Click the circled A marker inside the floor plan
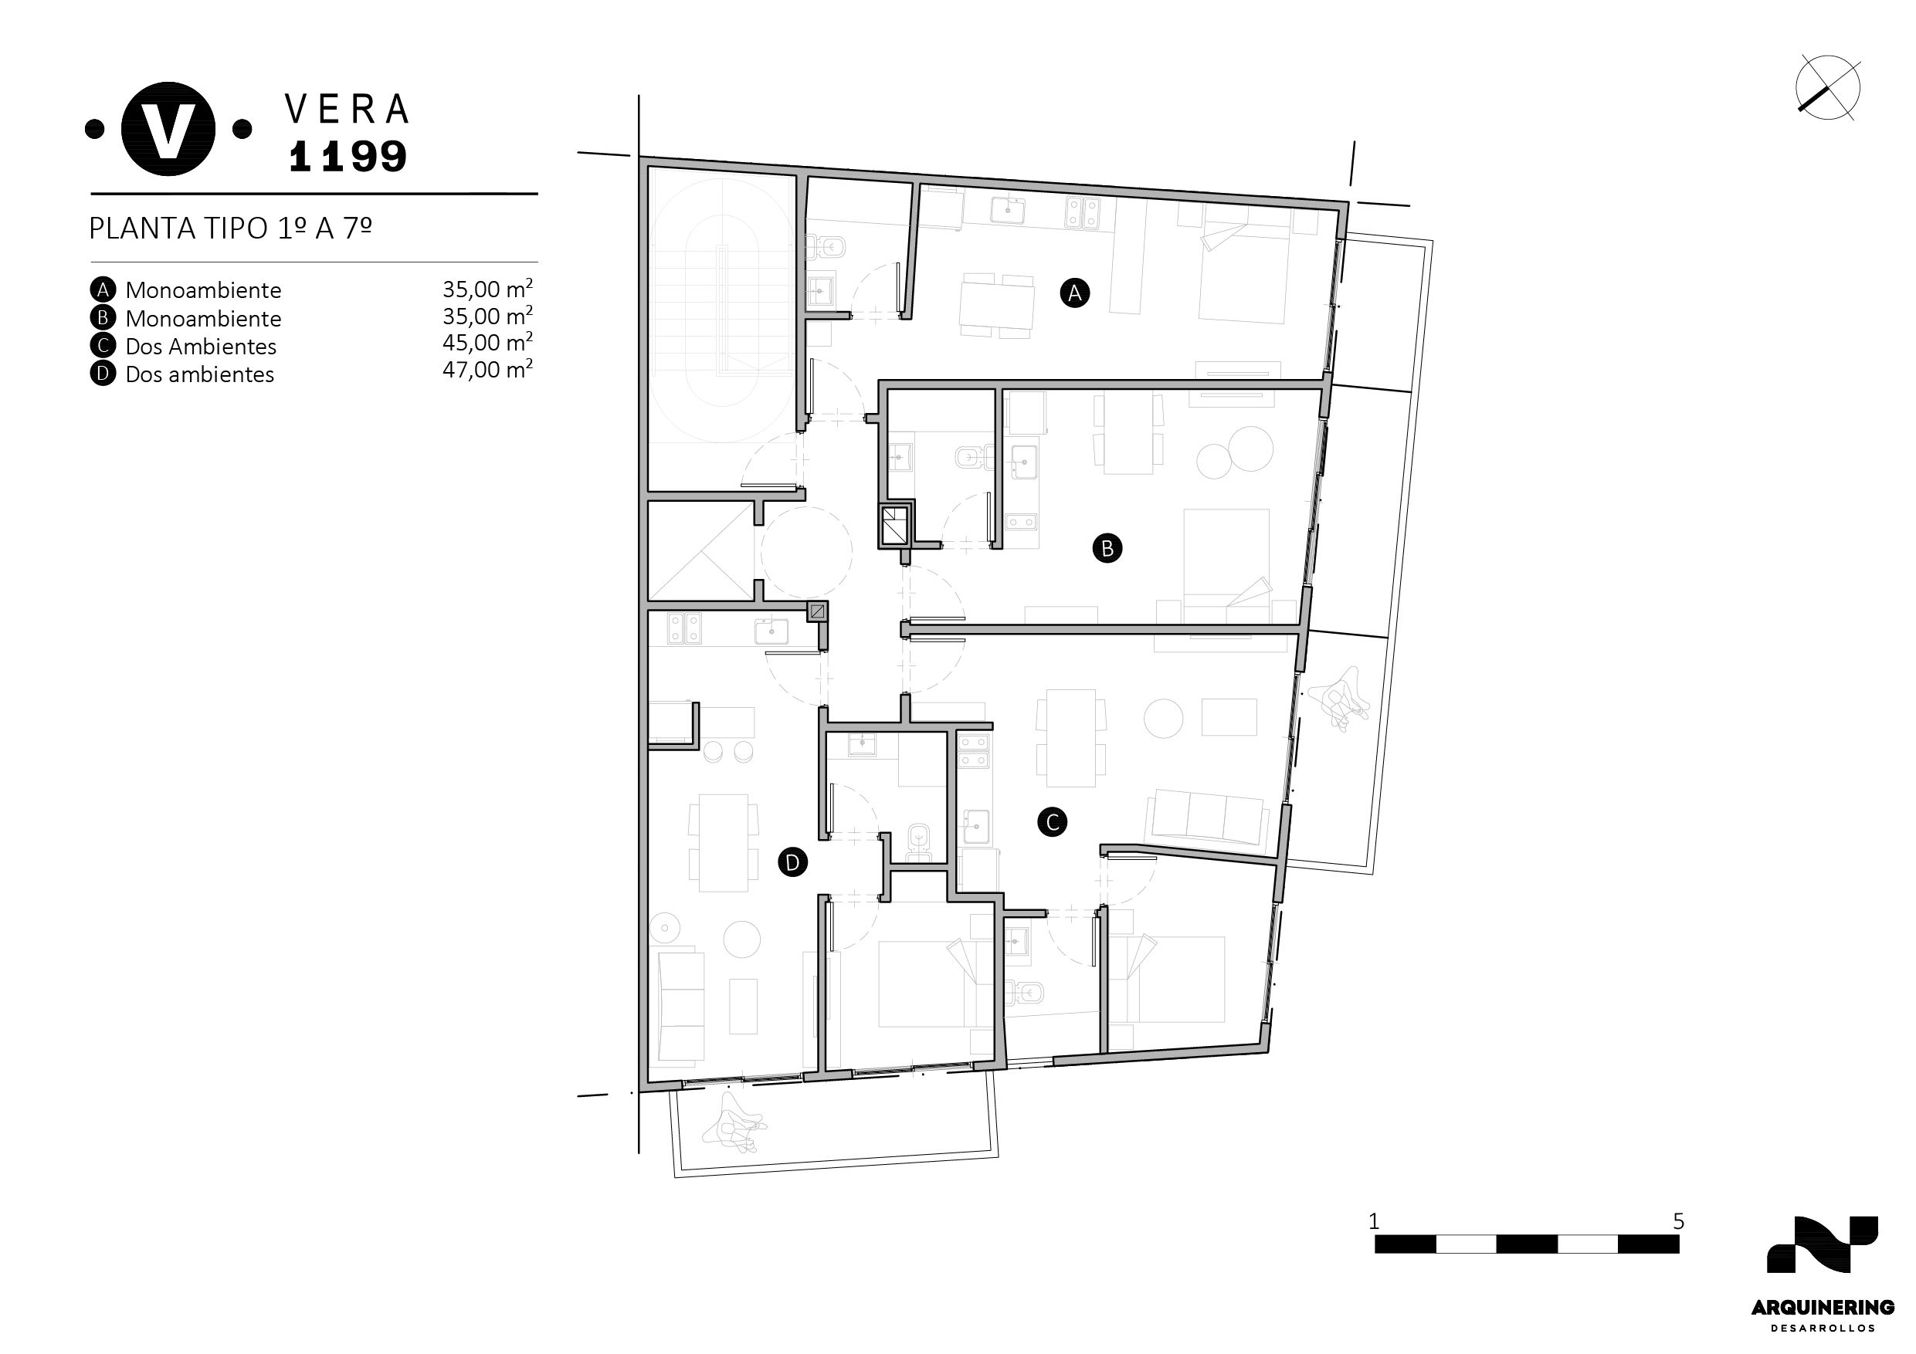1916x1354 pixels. [1074, 293]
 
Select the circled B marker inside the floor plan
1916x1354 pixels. [1107, 548]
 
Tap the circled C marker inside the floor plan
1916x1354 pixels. [1053, 822]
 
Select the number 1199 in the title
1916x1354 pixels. [348, 156]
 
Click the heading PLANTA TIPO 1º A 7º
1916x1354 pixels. [230, 228]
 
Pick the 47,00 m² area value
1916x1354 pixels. [487, 369]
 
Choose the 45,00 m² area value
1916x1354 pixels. [487, 342]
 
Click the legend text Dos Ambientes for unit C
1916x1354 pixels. [200, 346]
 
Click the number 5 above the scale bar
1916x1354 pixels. [1678, 1221]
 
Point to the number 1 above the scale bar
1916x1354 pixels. [1374, 1221]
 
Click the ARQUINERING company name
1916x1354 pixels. [1823, 1307]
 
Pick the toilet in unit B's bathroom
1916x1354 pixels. [970, 456]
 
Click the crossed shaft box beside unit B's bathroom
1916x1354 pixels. [894, 525]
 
